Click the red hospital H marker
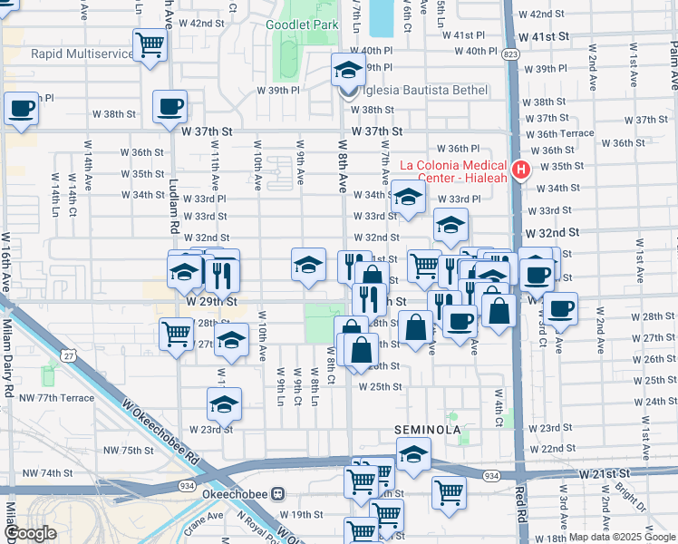(x=520, y=170)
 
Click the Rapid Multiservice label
(x=82, y=53)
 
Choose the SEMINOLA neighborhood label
(x=428, y=429)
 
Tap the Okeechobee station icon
(x=279, y=494)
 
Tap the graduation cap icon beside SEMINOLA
(x=413, y=454)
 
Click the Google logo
(x=30, y=533)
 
